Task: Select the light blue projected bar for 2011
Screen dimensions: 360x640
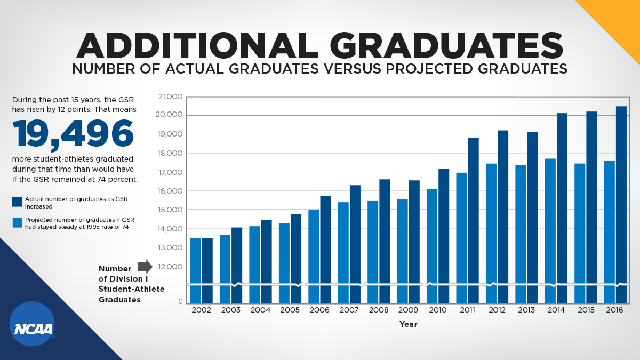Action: coord(461,235)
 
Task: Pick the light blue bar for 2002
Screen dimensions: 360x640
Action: coord(196,269)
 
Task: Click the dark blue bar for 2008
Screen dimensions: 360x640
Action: coord(385,240)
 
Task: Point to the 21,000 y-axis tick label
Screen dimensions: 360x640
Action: coord(171,97)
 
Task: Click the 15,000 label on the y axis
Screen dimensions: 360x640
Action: coord(171,210)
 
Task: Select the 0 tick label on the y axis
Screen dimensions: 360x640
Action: coord(180,302)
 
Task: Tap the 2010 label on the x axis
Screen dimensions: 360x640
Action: coord(438,310)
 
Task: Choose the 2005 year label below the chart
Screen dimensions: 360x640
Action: coord(290,310)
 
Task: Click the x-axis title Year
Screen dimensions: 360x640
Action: coord(409,324)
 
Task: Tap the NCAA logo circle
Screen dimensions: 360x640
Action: coord(32,324)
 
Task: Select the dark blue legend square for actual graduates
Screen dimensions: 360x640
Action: coord(17,202)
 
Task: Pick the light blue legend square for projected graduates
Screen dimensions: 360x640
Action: coord(17,222)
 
